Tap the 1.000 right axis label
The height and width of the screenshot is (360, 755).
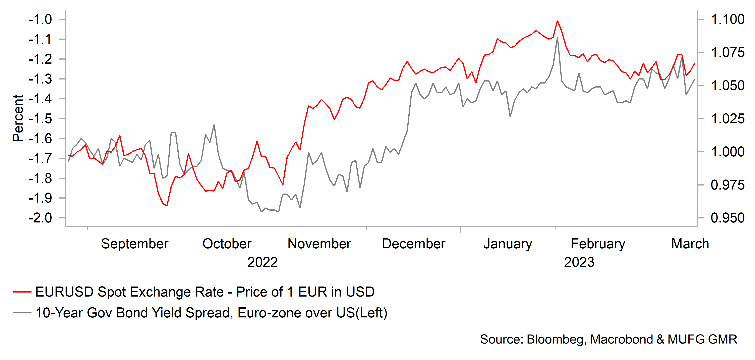click(x=728, y=152)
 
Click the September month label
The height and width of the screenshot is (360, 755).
click(x=134, y=244)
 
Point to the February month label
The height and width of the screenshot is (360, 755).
click(x=598, y=244)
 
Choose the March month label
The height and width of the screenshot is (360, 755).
click(x=690, y=244)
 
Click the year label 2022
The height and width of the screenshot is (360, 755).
click(x=262, y=262)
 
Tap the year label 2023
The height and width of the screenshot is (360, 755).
click(x=579, y=262)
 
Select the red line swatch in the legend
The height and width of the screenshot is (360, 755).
click(x=22, y=292)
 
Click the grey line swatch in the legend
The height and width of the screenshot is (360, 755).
click(x=22, y=313)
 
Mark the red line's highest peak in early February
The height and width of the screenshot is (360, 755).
click(x=558, y=21)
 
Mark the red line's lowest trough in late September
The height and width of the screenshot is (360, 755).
click(x=167, y=205)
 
